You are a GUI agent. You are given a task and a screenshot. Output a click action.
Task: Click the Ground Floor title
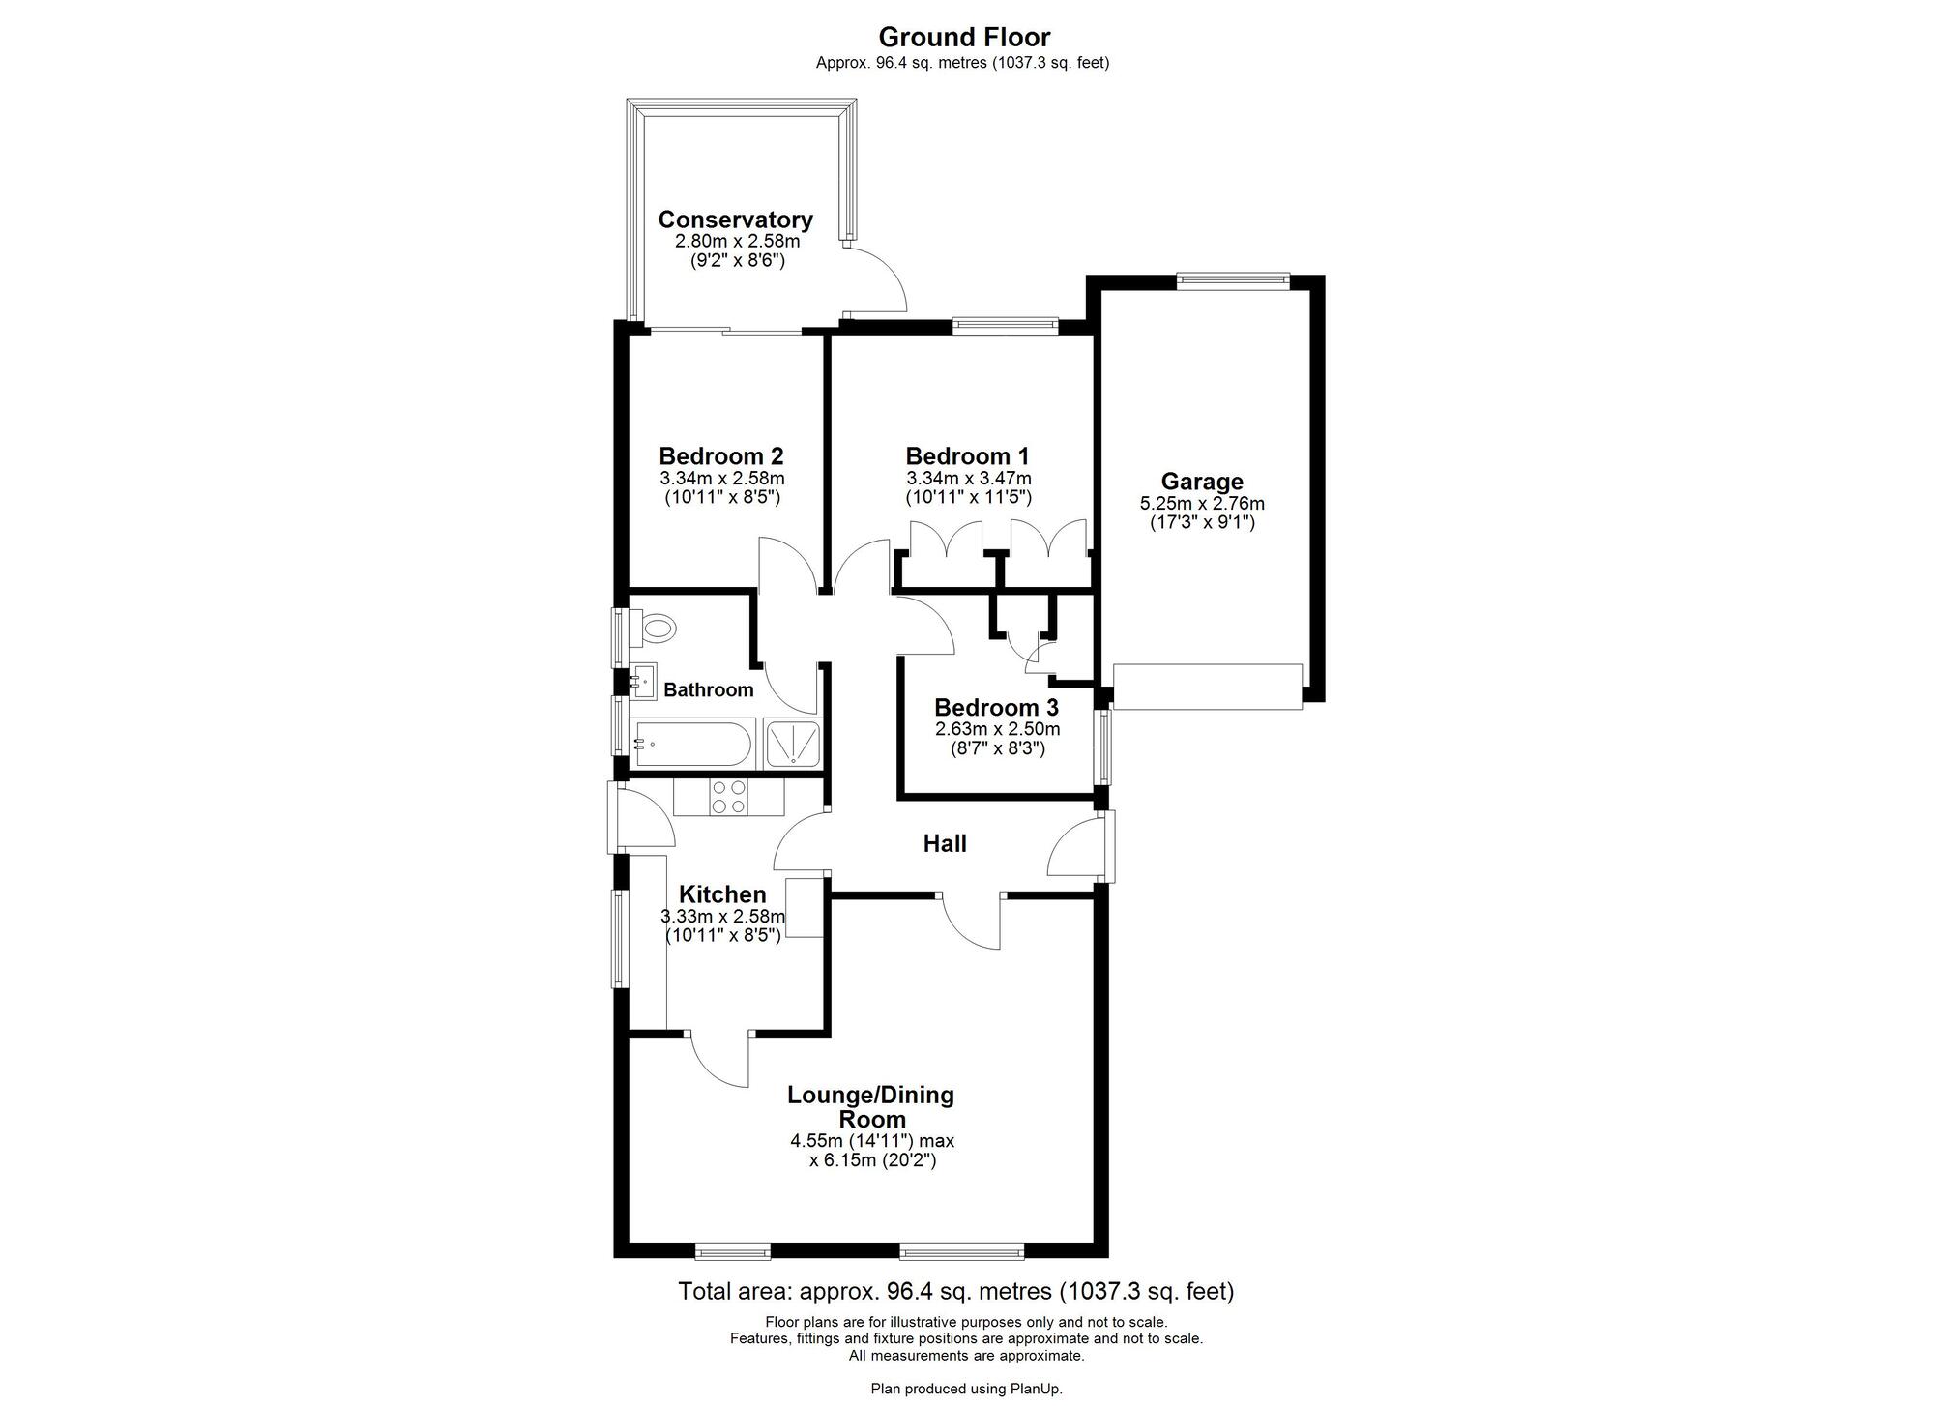(964, 38)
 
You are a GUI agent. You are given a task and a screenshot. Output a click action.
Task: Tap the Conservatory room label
(735, 220)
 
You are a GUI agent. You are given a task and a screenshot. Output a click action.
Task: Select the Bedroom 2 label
(721, 455)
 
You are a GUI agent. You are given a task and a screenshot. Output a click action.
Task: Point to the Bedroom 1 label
(967, 455)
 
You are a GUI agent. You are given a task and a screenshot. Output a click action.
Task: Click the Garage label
(1202, 482)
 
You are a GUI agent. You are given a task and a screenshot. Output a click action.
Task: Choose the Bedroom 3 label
(996, 707)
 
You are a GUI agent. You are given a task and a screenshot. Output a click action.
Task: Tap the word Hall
(945, 843)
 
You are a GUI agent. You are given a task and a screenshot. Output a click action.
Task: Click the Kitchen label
(722, 894)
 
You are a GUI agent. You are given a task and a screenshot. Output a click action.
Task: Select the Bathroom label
(708, 689)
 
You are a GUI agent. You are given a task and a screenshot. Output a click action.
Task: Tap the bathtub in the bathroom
(692, 744)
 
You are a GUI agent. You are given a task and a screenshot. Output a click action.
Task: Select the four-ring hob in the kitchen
(728, 797)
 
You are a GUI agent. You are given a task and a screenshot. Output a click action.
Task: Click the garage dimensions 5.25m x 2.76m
(1202, 504)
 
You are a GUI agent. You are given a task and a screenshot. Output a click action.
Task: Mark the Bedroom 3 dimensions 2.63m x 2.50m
(996, 729)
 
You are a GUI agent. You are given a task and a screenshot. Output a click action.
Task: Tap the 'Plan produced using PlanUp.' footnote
(966, 1389)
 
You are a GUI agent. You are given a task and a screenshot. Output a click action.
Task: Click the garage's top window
(1233, 280)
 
